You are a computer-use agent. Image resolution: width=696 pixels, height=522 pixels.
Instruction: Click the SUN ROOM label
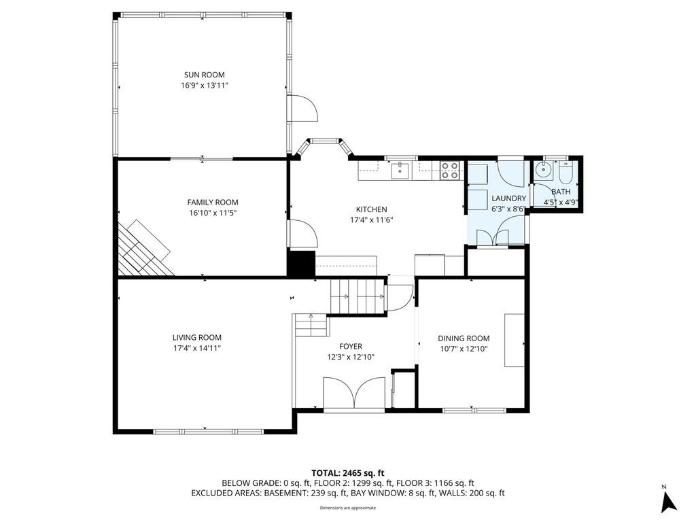(x=204, y=75)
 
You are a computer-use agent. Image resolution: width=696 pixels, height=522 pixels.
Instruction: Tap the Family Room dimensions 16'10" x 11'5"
(x=213, y=213)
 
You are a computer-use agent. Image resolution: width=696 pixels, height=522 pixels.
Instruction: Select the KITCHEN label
(x=372, y=209)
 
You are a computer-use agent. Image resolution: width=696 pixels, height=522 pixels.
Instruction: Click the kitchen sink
(x=400, y=170)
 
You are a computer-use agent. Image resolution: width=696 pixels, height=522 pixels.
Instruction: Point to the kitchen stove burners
(x=450, y=171)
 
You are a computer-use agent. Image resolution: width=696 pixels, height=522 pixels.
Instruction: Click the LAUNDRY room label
(x=508, y=198)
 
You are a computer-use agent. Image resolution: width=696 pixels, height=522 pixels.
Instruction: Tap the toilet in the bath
(x=566, y=173)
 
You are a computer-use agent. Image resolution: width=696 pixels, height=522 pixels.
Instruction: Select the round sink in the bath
(x=543, y=169)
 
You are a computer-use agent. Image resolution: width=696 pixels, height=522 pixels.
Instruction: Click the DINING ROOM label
(x=464, y=338)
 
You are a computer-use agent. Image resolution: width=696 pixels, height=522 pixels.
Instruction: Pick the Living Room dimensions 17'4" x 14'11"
(x=197, y=349)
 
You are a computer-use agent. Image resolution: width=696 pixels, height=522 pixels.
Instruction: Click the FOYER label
(x=351, y=347)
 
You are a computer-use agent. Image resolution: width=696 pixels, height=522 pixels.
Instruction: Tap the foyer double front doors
(x=354, y=393)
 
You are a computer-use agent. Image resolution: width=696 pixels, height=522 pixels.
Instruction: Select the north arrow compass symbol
(x=669, y=501)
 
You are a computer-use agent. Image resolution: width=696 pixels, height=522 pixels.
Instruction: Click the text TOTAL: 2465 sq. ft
(x=348, y=473)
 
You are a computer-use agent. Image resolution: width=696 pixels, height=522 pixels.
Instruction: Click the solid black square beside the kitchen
(x=301, y=264)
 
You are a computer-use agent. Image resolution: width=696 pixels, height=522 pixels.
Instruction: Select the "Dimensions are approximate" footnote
(x=348, y=508)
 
